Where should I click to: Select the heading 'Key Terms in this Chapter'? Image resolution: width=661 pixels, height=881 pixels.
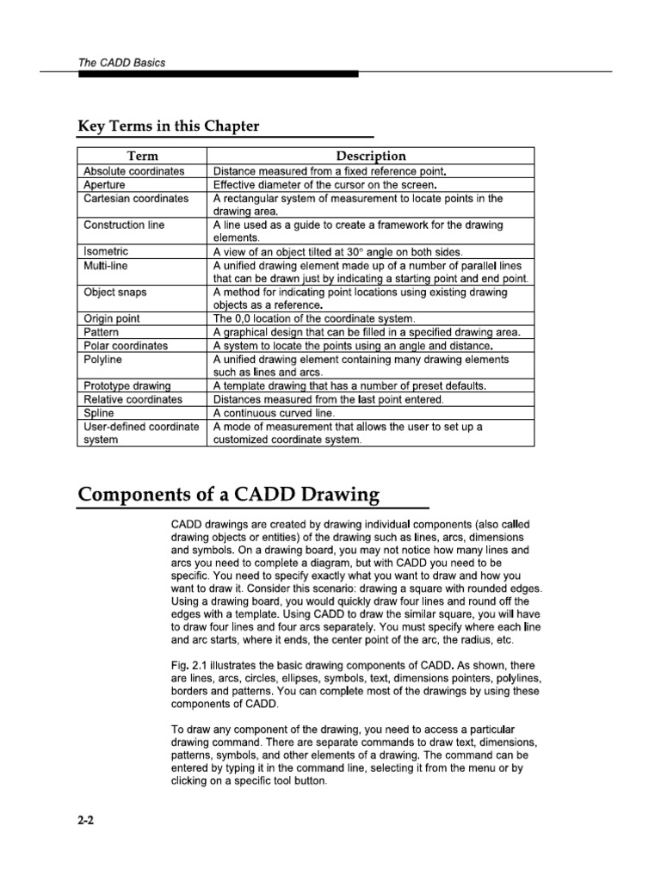tap(168, 126)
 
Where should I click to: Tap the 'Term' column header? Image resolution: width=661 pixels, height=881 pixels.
tap(142, 156)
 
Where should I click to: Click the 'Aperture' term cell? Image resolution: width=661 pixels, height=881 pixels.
tap(104, 184)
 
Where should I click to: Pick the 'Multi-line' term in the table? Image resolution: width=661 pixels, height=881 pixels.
tap(106, 266)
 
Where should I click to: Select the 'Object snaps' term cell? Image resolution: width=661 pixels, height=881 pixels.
tap(114, 293)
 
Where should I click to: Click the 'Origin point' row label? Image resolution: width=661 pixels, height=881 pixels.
tap(112, 318)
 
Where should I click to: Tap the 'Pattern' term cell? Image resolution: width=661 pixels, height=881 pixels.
tap(102, 332)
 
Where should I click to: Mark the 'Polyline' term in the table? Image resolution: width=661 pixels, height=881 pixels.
tap(103, 359)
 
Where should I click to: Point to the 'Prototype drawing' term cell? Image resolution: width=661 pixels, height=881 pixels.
tap(127, 385)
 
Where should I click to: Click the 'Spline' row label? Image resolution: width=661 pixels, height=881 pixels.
tap(99, 413)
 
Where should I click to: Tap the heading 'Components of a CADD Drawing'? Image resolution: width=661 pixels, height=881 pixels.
tap(228, 494)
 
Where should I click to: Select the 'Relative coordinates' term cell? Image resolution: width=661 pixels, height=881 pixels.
tap(133, 399)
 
